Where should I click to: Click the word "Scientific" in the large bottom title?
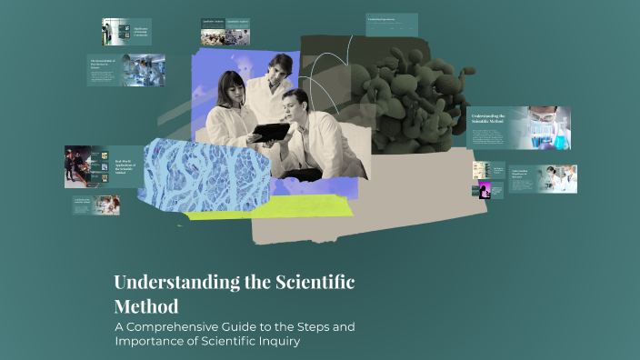coord(315,283)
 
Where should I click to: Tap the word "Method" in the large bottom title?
coord(145,305)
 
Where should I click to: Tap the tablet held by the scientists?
coord(270,130)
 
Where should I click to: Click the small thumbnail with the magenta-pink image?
coord(485,190)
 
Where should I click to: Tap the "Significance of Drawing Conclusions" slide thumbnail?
coord(125,33)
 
